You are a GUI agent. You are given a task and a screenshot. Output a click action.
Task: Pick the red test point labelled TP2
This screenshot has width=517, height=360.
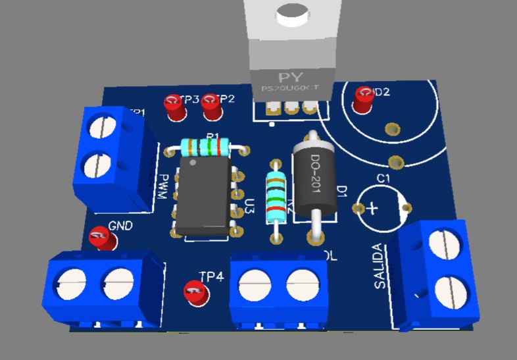click(212, 107)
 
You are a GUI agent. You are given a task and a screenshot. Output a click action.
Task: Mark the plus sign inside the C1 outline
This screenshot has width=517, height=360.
click(372, 209)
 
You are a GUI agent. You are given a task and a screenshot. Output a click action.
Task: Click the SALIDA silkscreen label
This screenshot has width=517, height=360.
click(380, 267)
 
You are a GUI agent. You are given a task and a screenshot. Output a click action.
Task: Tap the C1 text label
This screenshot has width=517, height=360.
click(383, 179)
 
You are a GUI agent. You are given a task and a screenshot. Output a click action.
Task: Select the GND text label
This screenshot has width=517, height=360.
click(120, 226)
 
